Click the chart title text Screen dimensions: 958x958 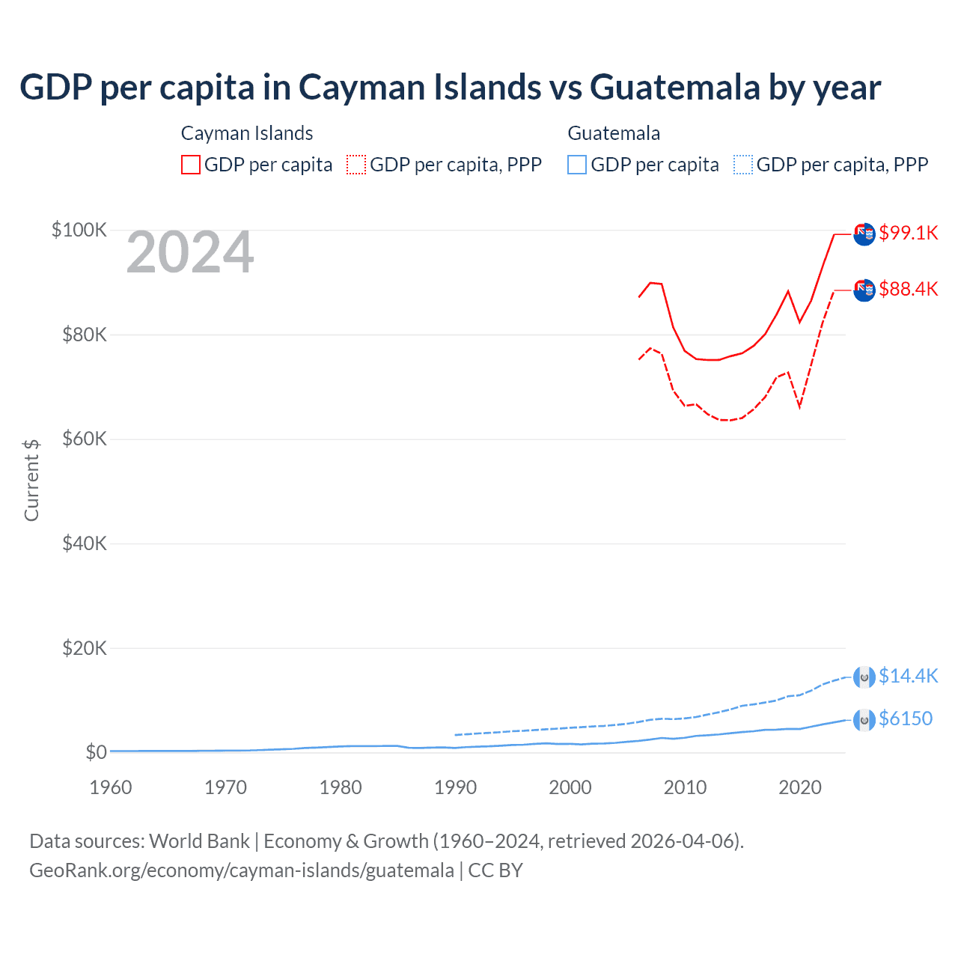coord(450,88)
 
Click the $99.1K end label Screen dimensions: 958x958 coord(908,233)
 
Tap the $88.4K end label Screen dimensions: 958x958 coord(908,289)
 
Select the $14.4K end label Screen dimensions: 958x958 coord(908,676)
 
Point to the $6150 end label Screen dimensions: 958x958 coord(906,718)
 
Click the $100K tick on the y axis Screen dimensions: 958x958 coord(79,230)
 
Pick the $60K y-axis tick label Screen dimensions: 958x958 coord(84,439)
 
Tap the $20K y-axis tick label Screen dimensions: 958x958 coord(84,648)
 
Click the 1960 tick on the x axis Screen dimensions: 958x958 coord(110,787)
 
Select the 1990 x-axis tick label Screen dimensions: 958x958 coord(455,787)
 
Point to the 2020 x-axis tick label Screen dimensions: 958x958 coord(800,787)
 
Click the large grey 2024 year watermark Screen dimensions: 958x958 coord(190,253)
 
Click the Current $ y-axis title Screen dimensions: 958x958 coord(31,480)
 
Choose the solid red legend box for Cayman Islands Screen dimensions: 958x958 coord(191,165)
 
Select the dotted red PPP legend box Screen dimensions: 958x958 coord(356,165)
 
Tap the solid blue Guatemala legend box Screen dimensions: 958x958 coord(577,165)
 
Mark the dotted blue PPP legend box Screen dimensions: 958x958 coord(743,165)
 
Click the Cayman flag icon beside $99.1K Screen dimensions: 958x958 coord(864,234)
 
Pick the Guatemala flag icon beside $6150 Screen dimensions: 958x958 coord(864,720)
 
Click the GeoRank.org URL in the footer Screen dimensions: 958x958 coord(242,870)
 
